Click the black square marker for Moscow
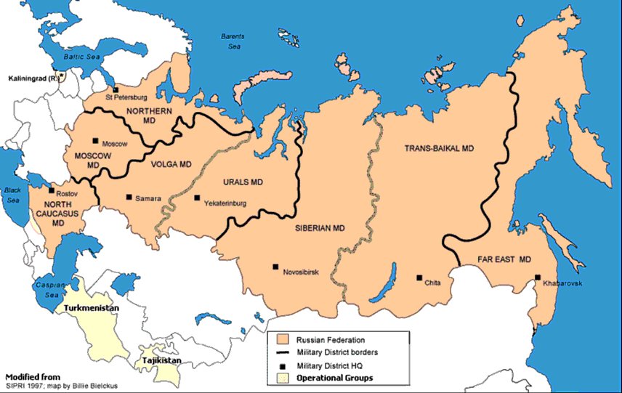click(94, 142)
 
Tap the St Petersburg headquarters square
click(116, 90)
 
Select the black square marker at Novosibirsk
click(275, 267)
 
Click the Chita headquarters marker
click(419, 277)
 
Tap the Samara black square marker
click(129, 197)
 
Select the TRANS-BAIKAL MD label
click(439, 147)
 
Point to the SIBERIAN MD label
click(319, 227)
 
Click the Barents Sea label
click(233, 41)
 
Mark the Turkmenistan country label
click(93, 307)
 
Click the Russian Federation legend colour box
click(279, 339)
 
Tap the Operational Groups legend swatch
click(279, 378)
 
